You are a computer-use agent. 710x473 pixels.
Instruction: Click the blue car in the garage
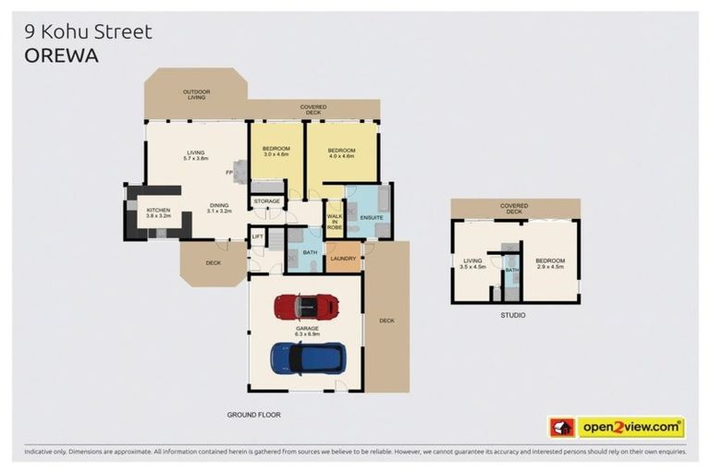(x=308, y=358)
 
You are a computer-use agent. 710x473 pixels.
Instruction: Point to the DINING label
(x=219, y=208)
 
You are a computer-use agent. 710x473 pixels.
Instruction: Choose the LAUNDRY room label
(x=344, y=258)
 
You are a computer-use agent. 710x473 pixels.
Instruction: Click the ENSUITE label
(x=371, y=217)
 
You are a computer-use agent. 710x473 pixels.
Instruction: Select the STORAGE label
(x=267, y=200)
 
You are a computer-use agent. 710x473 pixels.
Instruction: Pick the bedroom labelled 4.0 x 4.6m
(x=341, y=152)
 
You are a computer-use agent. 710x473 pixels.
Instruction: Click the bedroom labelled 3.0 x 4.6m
(x=276, y=152)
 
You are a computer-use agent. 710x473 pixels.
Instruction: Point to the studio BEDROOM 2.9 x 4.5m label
(x=550, y=263)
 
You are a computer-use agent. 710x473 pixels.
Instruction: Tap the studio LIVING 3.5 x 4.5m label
(x=473, y=263)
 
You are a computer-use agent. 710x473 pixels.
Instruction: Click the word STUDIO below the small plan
(x=513, y=316)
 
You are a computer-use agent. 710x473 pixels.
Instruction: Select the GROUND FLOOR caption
(x=253, y=415)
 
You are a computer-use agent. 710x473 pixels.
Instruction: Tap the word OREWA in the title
(x=61, y=55)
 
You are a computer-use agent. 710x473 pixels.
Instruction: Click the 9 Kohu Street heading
(x=88, y=31)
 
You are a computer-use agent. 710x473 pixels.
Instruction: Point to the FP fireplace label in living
(x=228, y=173)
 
